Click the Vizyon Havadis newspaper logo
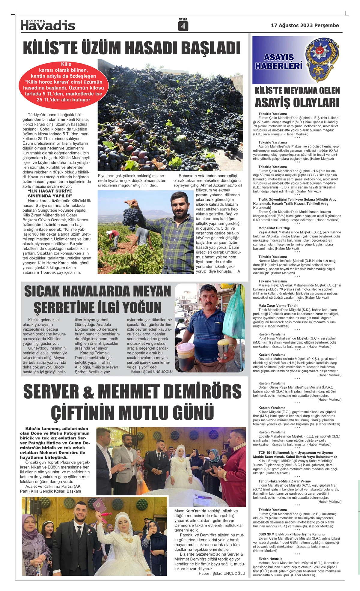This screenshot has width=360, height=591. coord(48,26)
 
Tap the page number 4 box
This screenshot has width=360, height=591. coord(183,26)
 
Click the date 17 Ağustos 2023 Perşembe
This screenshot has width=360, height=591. coord(305,26)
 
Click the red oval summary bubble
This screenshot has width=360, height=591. coord(64,83)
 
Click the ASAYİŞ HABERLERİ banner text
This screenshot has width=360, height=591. coord(279,62)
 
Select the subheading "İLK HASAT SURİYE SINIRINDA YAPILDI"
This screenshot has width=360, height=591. coord(50,193)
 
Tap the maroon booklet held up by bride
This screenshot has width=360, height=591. coord(98,505)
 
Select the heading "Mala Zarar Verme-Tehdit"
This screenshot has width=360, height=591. coord(278,306)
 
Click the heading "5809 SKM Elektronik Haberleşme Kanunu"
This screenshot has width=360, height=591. coord(292,534)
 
